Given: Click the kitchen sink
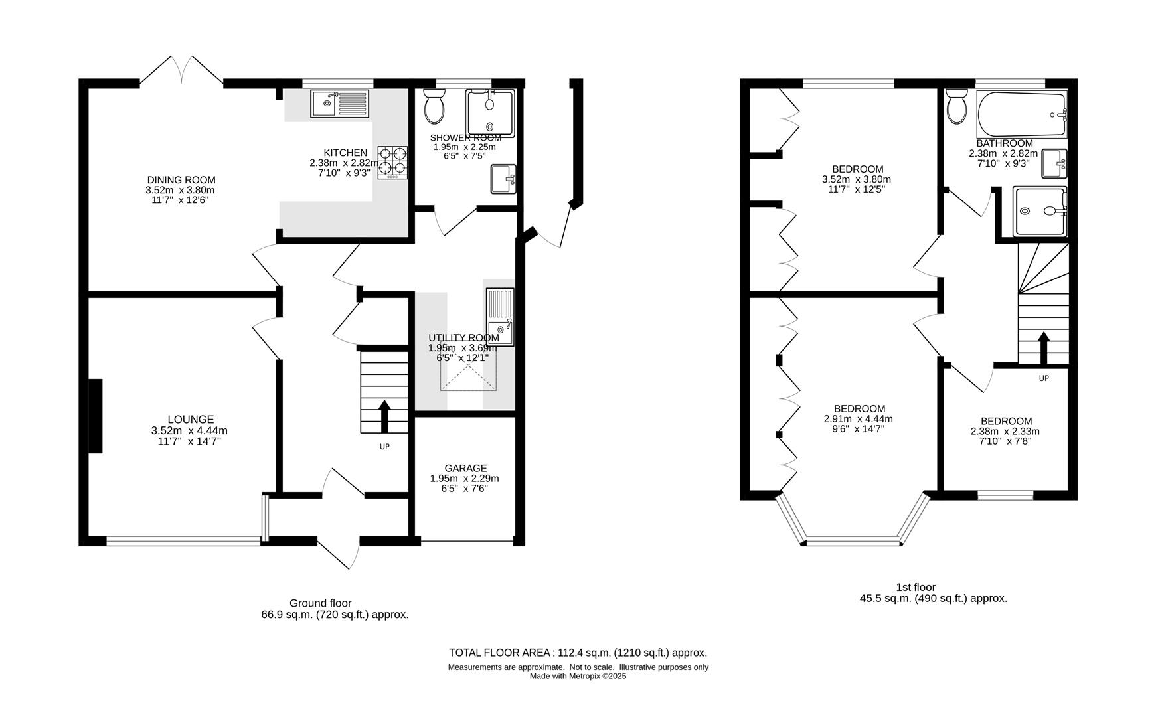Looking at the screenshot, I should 339,104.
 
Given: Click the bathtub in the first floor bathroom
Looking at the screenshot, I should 1021,115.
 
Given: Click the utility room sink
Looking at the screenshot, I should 500,317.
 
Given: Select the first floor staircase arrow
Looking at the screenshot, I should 1043,348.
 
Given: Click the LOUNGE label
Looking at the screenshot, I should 191,420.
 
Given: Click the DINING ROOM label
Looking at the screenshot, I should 181,180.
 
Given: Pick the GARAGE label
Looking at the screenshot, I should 465,468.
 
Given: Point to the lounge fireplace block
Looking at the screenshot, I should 96,416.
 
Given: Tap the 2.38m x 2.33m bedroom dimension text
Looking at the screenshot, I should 1005,431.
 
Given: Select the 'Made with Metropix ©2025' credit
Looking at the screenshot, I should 578,677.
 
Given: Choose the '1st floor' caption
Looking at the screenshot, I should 916,587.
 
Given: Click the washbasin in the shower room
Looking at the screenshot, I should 503,179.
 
